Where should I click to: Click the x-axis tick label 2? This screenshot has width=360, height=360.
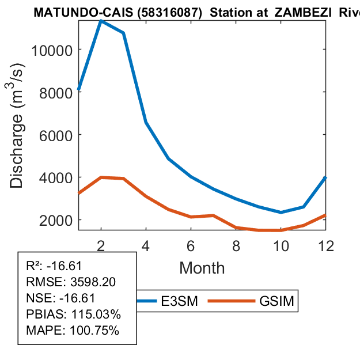point(101,244)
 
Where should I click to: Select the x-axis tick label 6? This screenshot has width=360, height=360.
point(191,244)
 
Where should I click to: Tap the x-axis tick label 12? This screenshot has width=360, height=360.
point(326,244)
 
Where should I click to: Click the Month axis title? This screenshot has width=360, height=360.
point(202,268)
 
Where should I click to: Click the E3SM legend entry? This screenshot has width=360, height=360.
point(180,301)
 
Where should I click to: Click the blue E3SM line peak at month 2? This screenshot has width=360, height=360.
point(101,21)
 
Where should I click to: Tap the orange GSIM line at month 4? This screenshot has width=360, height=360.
point(146,196)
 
